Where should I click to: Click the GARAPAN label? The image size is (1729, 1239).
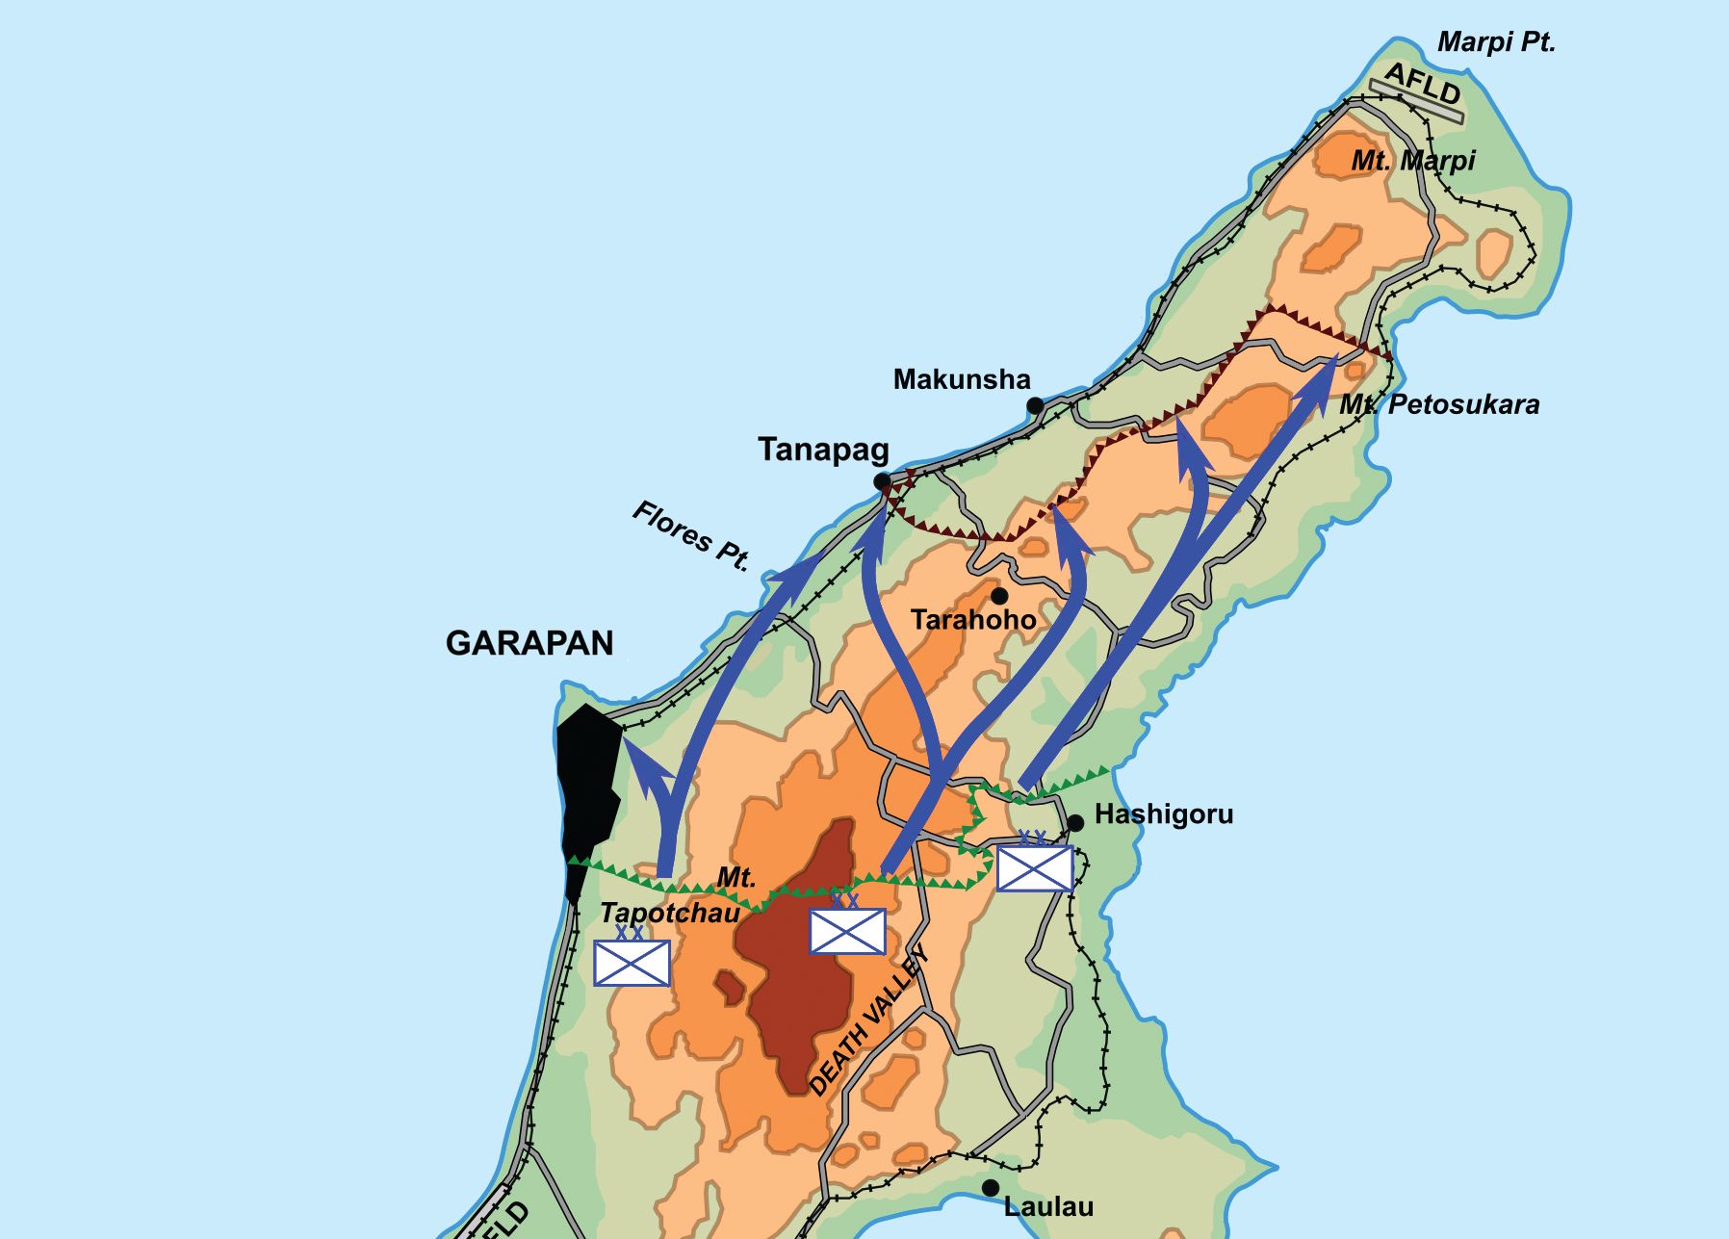click(529, 643)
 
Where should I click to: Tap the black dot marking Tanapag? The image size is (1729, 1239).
click(882, 481)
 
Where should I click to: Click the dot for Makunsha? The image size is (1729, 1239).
click(1035, 405)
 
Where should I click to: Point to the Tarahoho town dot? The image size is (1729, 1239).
click(999, 596)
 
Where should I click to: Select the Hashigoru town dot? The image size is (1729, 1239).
click(1075, 822)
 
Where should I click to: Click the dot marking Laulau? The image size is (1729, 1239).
click(990, 1188)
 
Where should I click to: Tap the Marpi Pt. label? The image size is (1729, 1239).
click(1495, 42)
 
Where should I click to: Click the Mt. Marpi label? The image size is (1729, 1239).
click(1412, 161)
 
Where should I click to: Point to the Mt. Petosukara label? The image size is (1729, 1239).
click(1439, 404)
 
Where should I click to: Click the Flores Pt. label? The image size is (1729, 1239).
click(690, 535)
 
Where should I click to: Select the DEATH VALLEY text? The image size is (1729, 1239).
click(868, 1021)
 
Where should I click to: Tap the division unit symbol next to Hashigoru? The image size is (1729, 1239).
click(1034, 868)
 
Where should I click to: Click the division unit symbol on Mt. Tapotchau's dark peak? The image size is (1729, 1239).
click(847, 930)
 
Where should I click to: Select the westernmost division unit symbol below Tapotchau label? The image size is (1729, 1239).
click(632, 962)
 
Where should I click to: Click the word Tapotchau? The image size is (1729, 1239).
click(669, 913)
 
